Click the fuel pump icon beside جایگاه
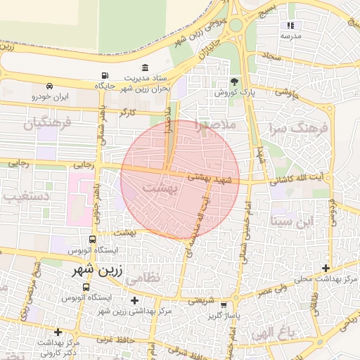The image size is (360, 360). point(105,76)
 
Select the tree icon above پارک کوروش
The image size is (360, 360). point(235,82)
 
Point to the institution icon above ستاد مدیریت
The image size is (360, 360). point(145,67)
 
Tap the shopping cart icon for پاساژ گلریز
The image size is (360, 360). point(224,306)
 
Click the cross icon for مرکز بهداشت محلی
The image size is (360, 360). point(325,268)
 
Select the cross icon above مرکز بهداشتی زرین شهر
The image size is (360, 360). point(134,300)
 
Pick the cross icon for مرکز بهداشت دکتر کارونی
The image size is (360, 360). point(58,331)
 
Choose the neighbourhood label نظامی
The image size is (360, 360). point(143,277)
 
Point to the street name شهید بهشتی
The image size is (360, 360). point(212,180)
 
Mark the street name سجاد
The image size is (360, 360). point(271,54)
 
